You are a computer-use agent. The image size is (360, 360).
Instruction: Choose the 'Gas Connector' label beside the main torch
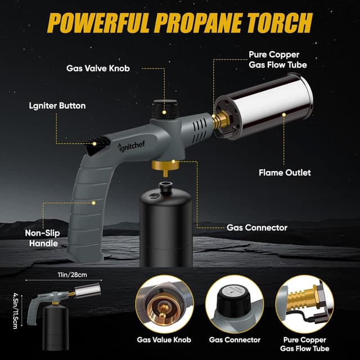[257, 228]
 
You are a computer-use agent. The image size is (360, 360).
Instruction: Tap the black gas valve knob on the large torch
[165, 107]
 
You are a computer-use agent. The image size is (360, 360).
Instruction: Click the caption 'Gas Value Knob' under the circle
[164, 339]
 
